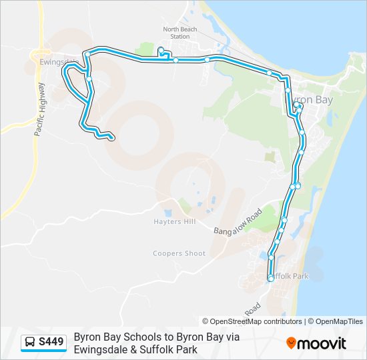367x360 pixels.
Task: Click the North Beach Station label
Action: (x=180, y=33)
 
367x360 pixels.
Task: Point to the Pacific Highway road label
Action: (x=39, y=109)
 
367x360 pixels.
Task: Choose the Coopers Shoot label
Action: (x=179, y=253)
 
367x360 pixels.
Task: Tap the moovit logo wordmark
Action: (x=322, y=343)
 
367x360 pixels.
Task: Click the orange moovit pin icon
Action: (x=291, y=343)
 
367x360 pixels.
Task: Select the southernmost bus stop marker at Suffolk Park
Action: (x=270, y=279)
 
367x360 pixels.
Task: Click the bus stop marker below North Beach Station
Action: (x=161, y=51)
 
